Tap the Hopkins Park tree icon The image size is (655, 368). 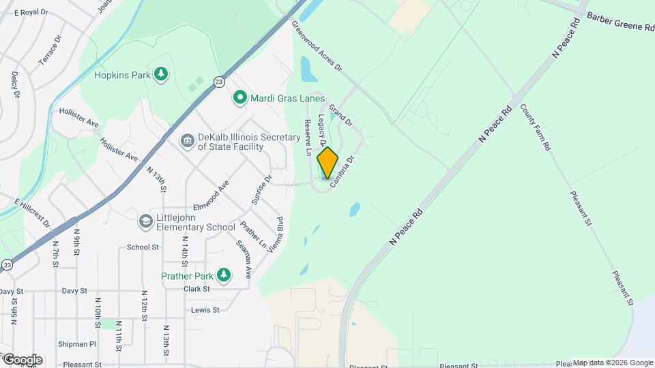(160, 74)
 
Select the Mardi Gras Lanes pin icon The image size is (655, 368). (239, 98)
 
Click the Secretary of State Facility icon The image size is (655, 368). (186, 140)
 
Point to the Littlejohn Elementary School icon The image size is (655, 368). (145, 221)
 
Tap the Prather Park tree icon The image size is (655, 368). (223, 275)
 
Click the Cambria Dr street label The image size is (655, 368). (342, 172)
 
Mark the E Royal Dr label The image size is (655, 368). (31, 12)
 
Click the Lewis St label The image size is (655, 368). (205, 310)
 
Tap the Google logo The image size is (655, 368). (22, 359)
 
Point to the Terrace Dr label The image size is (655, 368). (50, 53)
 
